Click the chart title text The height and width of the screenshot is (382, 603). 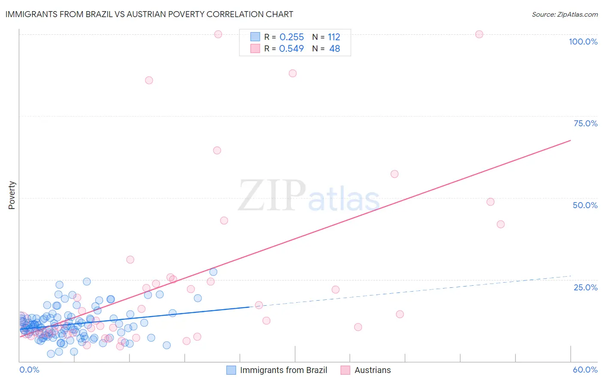pos(149,14)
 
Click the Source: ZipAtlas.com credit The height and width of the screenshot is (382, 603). pos(564,15)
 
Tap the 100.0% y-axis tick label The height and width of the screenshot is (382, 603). pos(583,42)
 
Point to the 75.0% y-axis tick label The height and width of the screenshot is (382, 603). pos(585,123)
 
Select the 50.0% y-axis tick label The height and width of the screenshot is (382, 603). pos(585,205)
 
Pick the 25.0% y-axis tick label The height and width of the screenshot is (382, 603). pos(585,287)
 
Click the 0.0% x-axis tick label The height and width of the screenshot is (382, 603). pos(29,370)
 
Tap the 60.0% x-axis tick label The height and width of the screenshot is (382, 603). pos(585,370)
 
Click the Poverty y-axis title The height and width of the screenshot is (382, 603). pos(12,195)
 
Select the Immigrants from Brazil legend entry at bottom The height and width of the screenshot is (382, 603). pos(283,370)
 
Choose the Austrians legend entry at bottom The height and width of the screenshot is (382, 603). pos(372,370)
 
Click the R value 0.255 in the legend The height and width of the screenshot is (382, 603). pos(291,37)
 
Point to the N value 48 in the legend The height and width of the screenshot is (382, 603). pos(335,49)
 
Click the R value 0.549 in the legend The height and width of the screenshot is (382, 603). pos(291,49)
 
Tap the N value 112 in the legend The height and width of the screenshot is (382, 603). pos(334,37)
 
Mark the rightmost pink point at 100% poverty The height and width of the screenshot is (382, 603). pos(479,34)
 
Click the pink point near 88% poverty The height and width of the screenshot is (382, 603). pos(292,73)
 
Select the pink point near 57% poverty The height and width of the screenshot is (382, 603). pos(395,174)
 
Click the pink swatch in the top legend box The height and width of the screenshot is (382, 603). pos(255,48)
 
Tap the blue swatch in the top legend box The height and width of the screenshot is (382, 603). pos(255,37)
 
